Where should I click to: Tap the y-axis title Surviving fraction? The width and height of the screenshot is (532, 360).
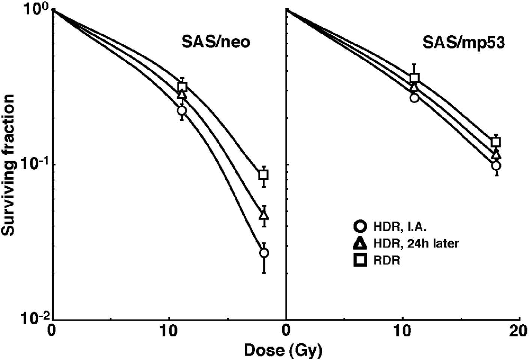(8, 165)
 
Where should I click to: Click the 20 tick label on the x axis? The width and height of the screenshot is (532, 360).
(519, 333)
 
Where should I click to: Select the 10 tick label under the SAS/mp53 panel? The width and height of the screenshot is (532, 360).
(402, 333)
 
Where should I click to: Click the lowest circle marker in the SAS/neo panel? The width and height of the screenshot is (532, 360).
(264, 253)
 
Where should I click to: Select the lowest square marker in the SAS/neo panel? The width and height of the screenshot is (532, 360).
(264, 175)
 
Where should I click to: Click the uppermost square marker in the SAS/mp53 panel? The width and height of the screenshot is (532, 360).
(414, 78)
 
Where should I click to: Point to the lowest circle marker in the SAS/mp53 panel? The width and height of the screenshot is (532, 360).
(496, 166)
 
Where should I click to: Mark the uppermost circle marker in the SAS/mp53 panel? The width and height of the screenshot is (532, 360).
(414, 98)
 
